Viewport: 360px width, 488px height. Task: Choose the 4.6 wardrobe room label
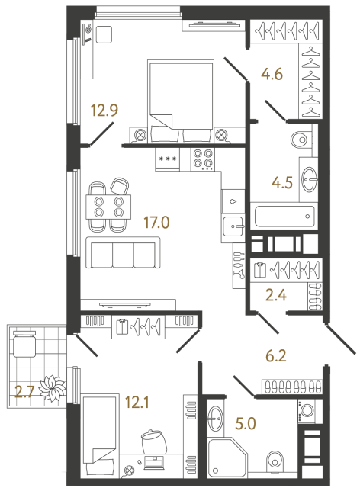[272, 76]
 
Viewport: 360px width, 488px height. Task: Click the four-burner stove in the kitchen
[203, 159]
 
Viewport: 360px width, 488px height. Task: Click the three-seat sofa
[122, 252]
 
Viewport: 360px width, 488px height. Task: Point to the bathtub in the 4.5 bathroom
[283, 216]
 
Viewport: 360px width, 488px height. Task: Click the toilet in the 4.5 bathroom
[302, 140]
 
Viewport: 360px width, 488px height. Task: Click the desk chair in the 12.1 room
[153, 444]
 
